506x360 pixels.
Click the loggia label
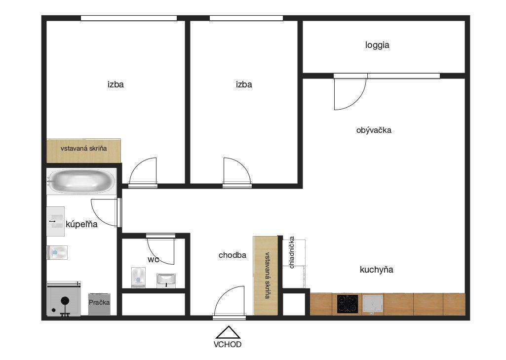coord(377,45)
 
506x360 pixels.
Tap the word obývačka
coord(374,130)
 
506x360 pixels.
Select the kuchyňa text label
coord(376,270)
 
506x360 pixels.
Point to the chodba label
coord(233,255)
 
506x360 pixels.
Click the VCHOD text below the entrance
coord(228,344)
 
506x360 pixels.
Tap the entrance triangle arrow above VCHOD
coord(228,332)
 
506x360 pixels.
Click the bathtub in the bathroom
coord(81,181)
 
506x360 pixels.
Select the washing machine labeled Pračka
coord(99,304)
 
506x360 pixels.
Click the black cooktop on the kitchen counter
coord(348,304)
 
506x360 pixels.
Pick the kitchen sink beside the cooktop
coord(373,304)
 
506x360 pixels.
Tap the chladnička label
coord(292,252)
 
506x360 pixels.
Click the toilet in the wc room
coord(138,278)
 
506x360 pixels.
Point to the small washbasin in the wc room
coord(166,280)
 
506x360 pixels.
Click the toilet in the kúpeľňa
coord(57,252)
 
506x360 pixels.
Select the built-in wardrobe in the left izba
coord(83,151)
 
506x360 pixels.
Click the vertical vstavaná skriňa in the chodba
coord(266,276)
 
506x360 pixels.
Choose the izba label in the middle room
coord(244,84)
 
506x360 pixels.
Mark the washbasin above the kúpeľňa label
coord(55,222)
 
